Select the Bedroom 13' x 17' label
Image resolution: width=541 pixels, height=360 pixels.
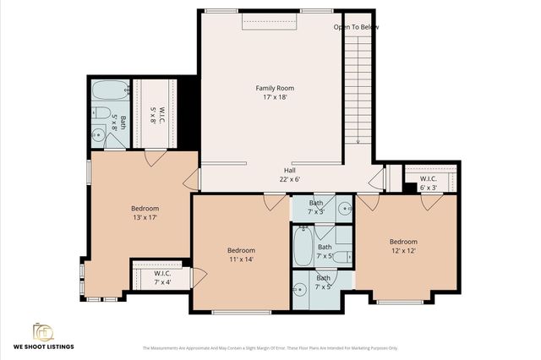coord(145,213)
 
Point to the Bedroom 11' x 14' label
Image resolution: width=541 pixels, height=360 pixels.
coord(241,255)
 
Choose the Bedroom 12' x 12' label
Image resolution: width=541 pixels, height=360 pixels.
coord(402,245)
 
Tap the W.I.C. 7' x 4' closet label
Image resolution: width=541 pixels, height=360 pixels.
coord(161,277)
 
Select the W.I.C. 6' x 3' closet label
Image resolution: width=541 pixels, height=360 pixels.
coord(429,183)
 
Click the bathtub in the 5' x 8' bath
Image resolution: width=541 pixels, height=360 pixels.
coord(109,88)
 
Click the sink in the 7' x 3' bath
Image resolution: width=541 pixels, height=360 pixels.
coord(345,207)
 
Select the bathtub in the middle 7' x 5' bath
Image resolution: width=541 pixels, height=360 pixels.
coord(302,248)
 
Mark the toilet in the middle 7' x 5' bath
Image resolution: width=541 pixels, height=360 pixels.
coord(339,255)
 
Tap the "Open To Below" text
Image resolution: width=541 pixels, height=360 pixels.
coord(356,27)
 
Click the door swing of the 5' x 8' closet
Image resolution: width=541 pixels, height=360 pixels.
coord(155,158)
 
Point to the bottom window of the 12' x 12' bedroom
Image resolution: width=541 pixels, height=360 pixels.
coord(400,301)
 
